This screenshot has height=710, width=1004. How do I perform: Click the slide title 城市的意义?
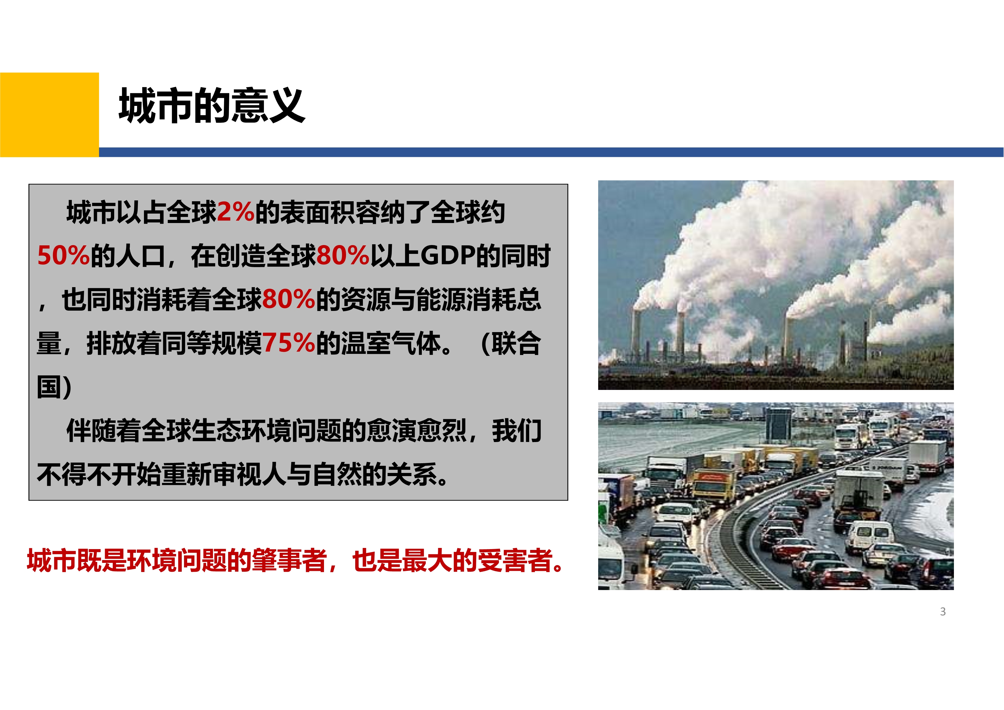212,105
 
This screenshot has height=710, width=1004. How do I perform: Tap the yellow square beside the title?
50,115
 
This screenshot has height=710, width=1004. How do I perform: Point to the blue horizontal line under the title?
551,152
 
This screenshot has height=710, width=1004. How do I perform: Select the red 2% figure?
236,212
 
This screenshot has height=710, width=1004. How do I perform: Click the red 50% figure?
64,255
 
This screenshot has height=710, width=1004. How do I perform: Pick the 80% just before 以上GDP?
343,255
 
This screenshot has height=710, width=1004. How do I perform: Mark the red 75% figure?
288,343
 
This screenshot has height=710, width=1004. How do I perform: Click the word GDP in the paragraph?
448,255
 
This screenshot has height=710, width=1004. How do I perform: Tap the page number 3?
943,612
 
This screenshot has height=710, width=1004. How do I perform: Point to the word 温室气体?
391,343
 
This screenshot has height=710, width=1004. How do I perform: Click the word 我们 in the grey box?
517,431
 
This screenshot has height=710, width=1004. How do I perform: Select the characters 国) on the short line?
54,387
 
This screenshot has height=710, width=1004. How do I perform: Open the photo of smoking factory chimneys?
776,285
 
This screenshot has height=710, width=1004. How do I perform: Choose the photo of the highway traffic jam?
776,496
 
